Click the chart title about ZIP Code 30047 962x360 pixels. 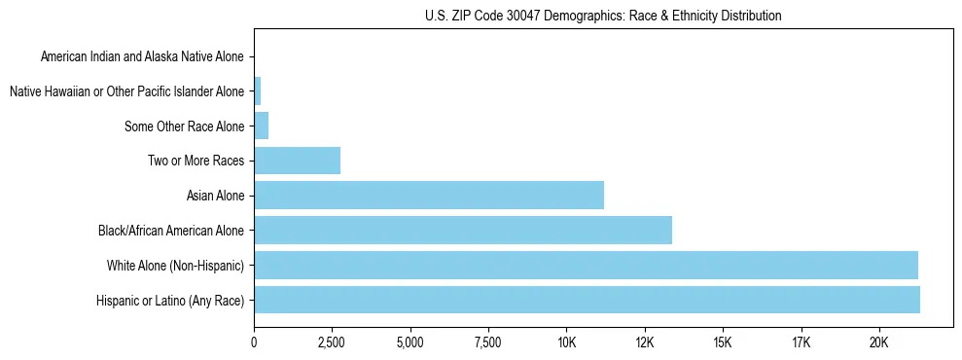[603, 16]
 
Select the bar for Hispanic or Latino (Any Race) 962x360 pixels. [587, 300]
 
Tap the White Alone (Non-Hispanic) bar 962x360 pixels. [586, 265]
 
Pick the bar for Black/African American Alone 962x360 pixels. [463, 230]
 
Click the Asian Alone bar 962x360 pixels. [429, 195]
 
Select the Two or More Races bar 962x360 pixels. [297, 161]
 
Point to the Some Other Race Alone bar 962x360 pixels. [261, 126]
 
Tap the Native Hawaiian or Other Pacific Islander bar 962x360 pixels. [257, 91]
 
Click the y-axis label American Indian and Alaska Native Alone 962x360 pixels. [143, 56]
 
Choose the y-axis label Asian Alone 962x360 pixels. [216, 196]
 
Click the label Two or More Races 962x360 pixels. [196, 161]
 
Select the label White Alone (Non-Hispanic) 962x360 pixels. [175, 265]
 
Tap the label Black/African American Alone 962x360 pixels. [171, 231]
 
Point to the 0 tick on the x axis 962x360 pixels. [254, 342]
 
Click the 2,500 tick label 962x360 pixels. [332, 342]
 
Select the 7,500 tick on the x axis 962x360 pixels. [487, 342]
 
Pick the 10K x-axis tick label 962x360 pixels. [566, 342]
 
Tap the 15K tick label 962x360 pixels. [722, 342]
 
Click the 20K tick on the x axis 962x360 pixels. [878, 342]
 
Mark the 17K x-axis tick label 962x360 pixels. [801, 342]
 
